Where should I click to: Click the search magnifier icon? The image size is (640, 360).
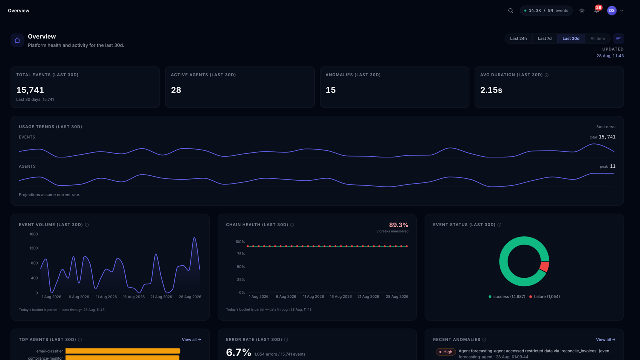pos(510,11)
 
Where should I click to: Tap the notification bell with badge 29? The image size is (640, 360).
pos(597,11)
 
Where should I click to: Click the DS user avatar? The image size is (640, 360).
pos(612,11)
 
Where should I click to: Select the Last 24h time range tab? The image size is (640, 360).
pos(518,39)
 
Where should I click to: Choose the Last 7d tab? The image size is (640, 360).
pos(545,39)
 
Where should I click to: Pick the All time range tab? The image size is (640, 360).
pos(597,39)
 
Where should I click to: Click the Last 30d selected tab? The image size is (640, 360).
pos(571,39)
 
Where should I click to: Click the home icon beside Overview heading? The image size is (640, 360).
pos(17,40)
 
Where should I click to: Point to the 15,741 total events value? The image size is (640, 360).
pos(30,90)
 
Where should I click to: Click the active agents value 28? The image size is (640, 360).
pos(176,90)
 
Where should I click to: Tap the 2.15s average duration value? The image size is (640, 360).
pos(491,90)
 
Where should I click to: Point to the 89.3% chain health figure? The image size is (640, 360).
pos(399,225)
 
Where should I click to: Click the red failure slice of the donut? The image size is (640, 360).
pos(545,267)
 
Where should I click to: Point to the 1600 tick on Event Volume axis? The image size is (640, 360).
pos(33,234)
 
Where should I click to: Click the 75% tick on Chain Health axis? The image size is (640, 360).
pos(241,254)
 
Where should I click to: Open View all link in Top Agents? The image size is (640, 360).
pos(191,339)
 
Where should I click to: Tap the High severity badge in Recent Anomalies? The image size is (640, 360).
pos(445,352)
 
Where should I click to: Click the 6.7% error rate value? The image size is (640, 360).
pos(238,352)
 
